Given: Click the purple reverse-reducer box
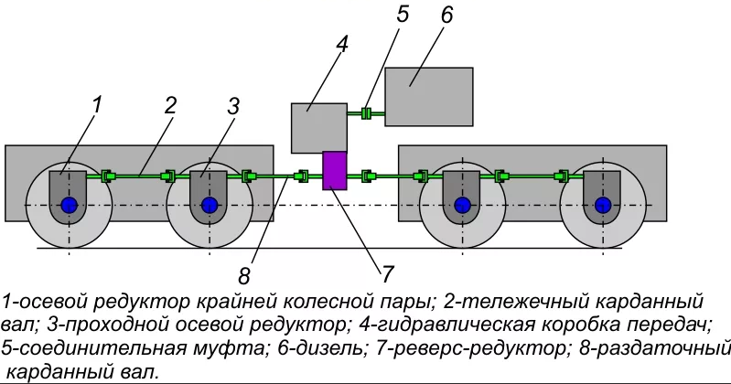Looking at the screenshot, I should [336, 171].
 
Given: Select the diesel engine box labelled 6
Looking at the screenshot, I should [428, 96].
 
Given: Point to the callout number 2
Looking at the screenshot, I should [170, 103].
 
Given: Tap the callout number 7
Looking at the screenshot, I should [387, 272].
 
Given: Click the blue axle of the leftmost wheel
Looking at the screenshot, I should [69, 206].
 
